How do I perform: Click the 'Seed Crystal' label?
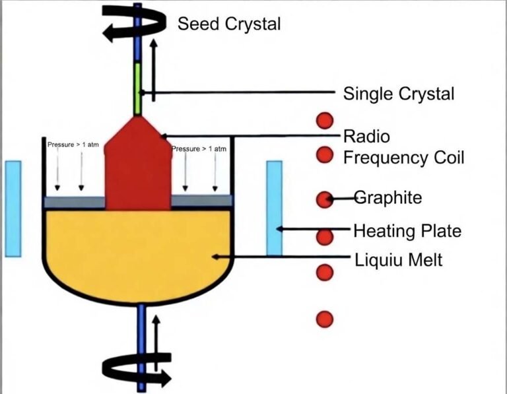(x=229, y=24)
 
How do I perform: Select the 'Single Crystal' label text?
(x=398, y=94)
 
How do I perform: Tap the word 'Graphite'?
(x=388, y=197)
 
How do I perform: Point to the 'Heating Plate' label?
(x=407, y=231)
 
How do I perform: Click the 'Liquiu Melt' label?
(x=397, y=260)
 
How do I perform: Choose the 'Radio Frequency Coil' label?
(x=403, y=147)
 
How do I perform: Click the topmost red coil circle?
(x=324, y=121)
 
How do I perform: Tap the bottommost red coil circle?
(x=324, y=319)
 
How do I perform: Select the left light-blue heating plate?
(x=13, y=208)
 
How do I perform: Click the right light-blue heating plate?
(x=274, y=208)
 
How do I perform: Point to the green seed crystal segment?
(x=138, y=88)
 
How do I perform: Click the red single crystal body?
(x=138, y=172)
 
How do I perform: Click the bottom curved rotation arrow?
(x=139, y=368)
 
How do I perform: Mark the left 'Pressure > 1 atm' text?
(x=73, y=145)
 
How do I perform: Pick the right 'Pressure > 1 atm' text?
(x=199, y=149)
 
